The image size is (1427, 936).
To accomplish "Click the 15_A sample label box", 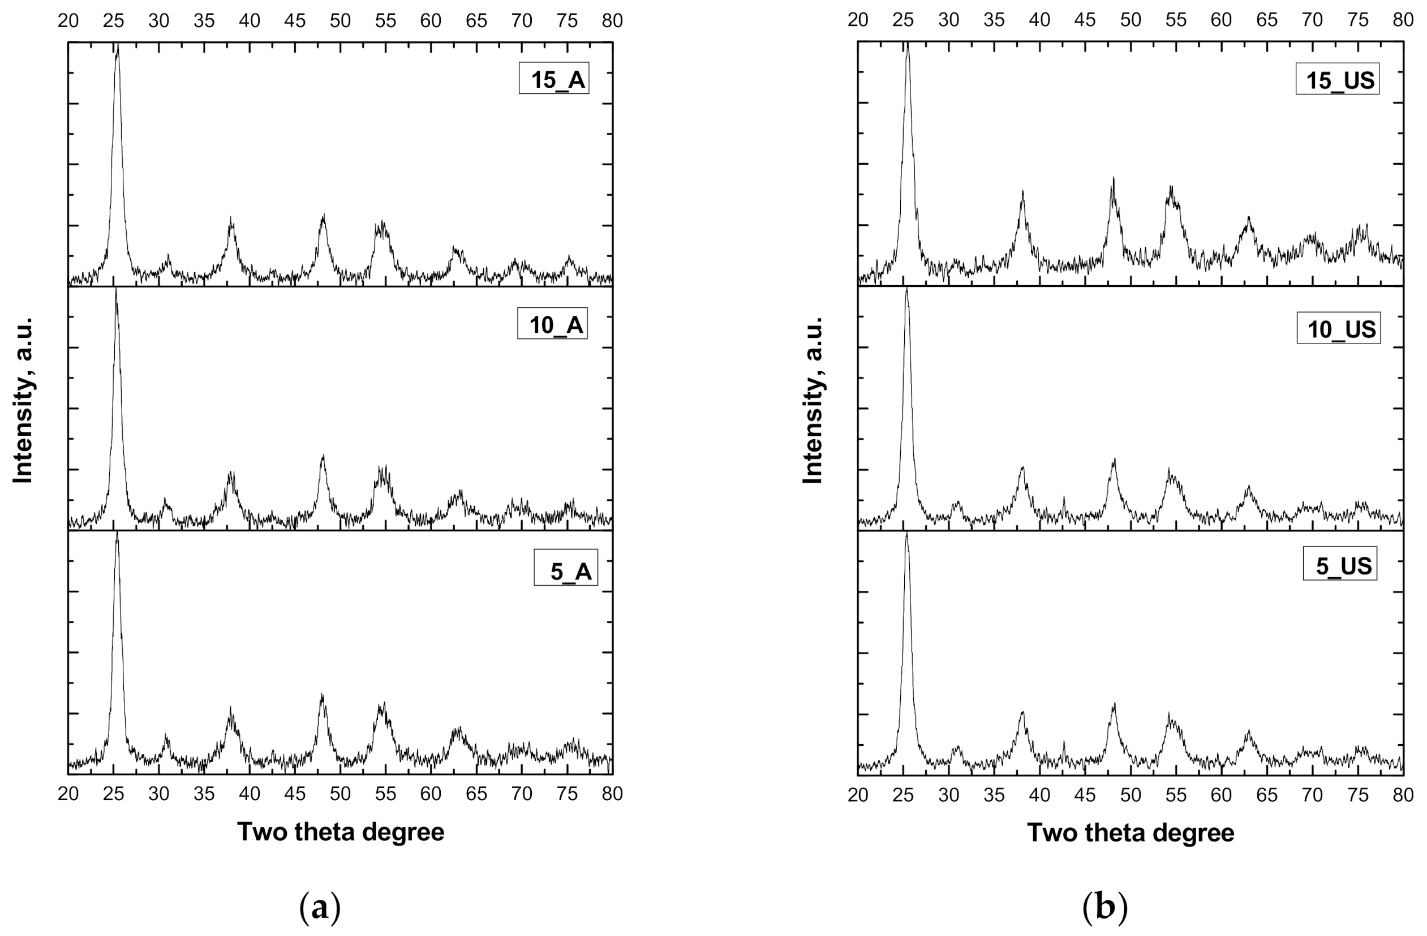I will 553,78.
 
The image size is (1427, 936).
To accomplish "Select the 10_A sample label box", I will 552,324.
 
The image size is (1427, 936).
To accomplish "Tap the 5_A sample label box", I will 565,567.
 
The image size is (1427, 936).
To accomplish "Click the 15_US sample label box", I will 1337,79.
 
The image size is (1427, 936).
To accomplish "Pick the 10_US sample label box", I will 1338,328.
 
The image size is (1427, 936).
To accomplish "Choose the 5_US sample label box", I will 1339,564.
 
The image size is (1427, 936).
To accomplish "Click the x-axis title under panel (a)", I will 341,832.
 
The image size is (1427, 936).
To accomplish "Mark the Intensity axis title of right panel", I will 813,401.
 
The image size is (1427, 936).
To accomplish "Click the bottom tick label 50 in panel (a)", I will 340,794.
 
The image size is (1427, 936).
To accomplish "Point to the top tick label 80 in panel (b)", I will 1403,20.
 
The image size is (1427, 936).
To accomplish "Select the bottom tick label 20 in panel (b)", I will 858,795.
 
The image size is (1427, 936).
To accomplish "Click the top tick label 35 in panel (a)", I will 204,20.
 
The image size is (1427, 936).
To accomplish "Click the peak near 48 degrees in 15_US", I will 1114,179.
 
